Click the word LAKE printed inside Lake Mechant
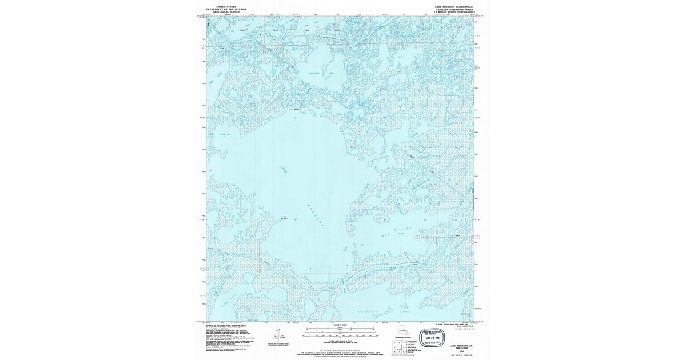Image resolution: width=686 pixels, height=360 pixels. tap(284, 169)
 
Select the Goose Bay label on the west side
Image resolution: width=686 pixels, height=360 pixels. tap(225, 134)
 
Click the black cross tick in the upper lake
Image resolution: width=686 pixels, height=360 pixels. tap(295, 118)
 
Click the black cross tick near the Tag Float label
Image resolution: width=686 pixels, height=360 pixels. tap(295, 218)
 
